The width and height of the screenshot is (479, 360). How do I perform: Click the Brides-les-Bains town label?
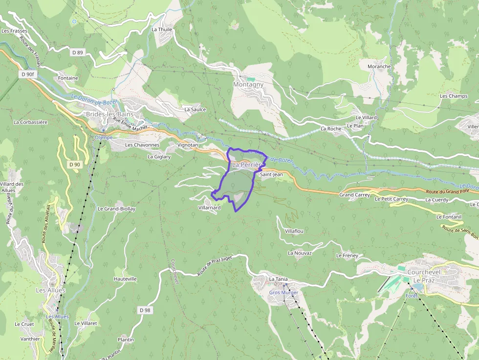tap(109, 114)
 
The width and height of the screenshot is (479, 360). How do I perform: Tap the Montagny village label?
tap(248, 85)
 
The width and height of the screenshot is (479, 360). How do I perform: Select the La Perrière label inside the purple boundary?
tap(247, 165)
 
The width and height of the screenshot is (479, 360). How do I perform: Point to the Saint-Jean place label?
tap(271, 174)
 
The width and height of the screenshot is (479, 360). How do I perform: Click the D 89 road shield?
tap(77, 52)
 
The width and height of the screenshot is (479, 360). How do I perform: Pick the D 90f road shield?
tap(28, 74)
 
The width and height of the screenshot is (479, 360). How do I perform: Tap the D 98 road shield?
tap(144, 310)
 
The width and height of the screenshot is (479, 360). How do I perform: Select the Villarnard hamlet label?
tap(210, 208)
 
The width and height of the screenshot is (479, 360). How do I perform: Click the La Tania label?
tap(278, 279)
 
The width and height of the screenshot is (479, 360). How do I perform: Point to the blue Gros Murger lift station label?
tap(283, 293)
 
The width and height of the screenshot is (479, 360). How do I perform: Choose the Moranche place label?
tap(379, 66)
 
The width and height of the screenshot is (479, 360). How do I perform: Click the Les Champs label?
tap(454, 96)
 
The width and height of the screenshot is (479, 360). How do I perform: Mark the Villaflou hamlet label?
tap(294, 231)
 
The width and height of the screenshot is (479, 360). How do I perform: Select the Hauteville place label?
tap(125, 279)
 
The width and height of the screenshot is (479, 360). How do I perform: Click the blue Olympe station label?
tap(103, 138)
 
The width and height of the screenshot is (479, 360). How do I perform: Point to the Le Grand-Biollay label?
tap(116, 209)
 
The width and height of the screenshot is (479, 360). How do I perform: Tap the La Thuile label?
tap(162, 29)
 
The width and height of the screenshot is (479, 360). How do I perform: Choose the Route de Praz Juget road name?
tap(221, 265)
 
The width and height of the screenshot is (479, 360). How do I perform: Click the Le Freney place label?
tap(347, 255)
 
